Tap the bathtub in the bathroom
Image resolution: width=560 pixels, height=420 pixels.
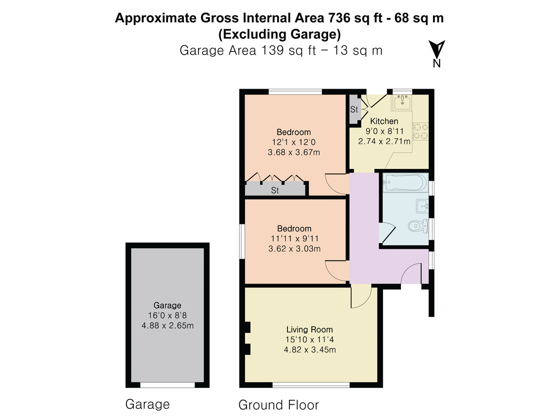tap(406, 182)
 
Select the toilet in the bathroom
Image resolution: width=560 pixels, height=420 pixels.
tap(419, 226)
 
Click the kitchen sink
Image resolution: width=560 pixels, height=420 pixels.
tap(402, 103)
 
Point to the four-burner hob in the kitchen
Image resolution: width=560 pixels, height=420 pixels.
tap(420, 131)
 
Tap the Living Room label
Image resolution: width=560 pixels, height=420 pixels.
tap(309, 329)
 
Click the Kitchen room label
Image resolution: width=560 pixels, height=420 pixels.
tap(384, 121)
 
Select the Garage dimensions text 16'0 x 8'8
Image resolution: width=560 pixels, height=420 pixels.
tap(168, 315)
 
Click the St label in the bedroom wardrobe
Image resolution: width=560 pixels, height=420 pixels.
tap(275, 190)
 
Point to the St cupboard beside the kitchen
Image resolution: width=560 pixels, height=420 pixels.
tap(354, 110)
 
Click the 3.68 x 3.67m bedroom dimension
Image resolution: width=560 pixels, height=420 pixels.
tap(294, 152)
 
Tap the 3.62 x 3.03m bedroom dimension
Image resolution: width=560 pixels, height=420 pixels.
tap(294, 249)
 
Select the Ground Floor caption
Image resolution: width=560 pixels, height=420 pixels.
tap(279, 405)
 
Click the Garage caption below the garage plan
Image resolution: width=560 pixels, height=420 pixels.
tap(147, 405)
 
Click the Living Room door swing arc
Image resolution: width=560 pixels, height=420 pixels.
tap(365, 301)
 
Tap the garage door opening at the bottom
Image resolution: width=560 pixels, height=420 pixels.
tap(168, 385)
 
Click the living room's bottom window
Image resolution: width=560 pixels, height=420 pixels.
tap(311, 385)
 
